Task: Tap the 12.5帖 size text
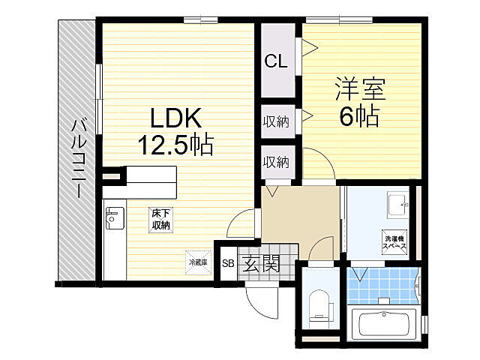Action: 175,143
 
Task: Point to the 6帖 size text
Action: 358,116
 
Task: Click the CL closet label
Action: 275,62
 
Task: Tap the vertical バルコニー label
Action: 76,157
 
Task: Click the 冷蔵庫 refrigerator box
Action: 196,262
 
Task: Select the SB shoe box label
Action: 228,263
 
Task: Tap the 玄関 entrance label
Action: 262,263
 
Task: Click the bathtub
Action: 387,325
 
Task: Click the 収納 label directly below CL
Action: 275,121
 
